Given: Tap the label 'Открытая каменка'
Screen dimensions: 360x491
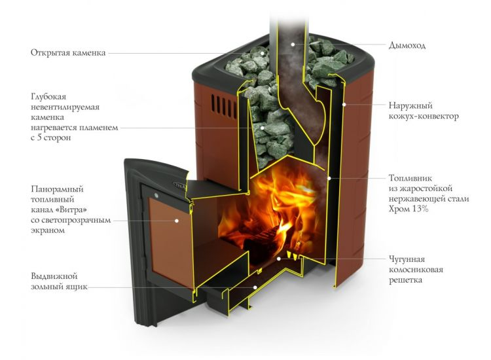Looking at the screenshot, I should tap(67, 52).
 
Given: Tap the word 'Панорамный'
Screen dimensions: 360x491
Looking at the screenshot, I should tap(57, 189).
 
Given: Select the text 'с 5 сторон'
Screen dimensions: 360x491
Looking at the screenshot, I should tap(50, 138).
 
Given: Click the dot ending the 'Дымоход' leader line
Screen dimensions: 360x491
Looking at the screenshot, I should tap(293, 45).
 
